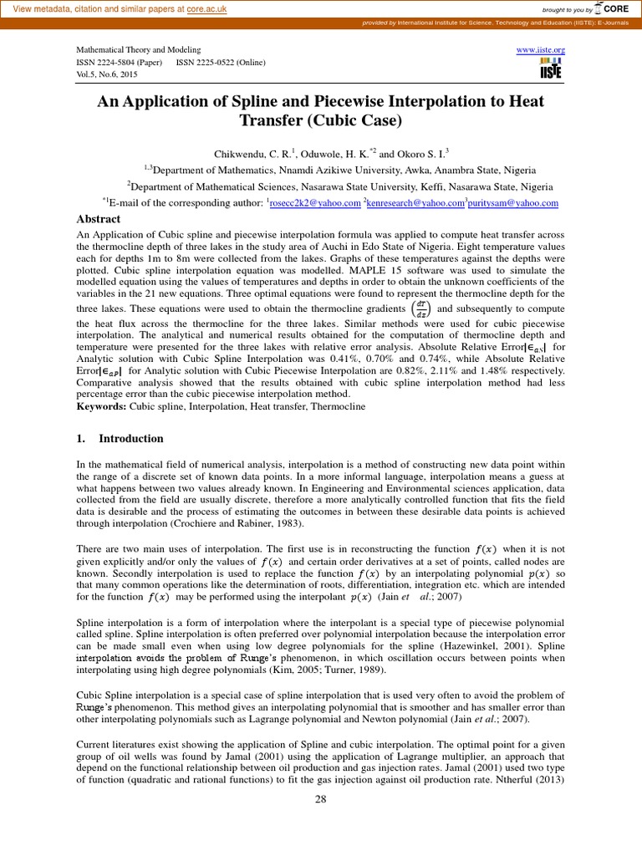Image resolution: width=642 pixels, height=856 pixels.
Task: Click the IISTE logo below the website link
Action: coord(550,69)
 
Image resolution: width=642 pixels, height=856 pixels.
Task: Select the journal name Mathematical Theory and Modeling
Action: coord(138,50)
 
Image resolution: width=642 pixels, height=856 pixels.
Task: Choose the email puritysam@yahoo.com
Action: coord(512,203)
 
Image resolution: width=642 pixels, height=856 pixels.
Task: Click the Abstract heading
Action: coord(99,219)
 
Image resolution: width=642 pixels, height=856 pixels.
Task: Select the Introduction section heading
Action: coord(130,439)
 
